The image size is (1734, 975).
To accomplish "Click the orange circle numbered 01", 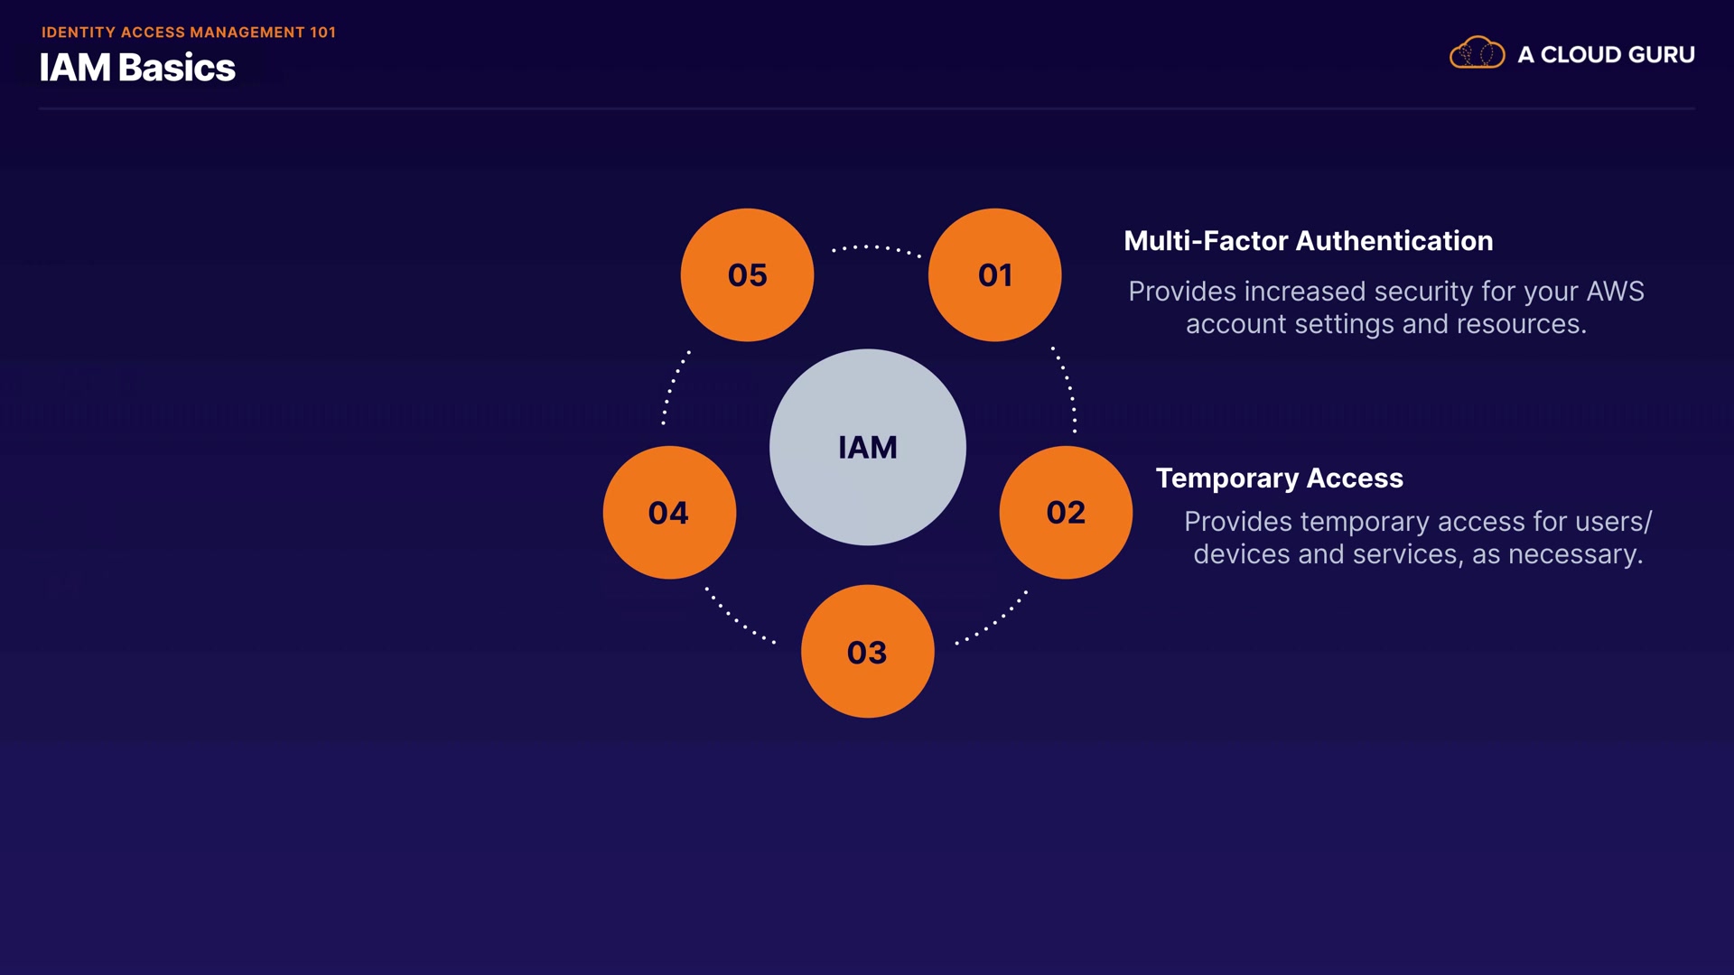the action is click(994, 274).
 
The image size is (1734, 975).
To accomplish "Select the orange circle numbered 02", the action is click(1066, 512).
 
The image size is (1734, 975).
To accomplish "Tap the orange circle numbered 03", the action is click(867, 651).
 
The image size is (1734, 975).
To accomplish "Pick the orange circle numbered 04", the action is click(669, 512).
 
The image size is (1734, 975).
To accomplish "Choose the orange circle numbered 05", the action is click(747, 274).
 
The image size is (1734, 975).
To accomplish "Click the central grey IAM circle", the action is click(867, 447).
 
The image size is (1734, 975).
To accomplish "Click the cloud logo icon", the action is click(1477, 53).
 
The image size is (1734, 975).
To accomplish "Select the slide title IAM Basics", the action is click(137, 68).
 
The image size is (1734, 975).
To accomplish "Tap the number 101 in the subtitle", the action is click(322, 32).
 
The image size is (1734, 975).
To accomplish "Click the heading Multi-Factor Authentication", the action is click(1308, 241).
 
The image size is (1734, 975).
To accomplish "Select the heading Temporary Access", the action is click(1279, 478).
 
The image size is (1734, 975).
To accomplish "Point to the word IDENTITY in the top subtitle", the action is click(79, 32).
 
